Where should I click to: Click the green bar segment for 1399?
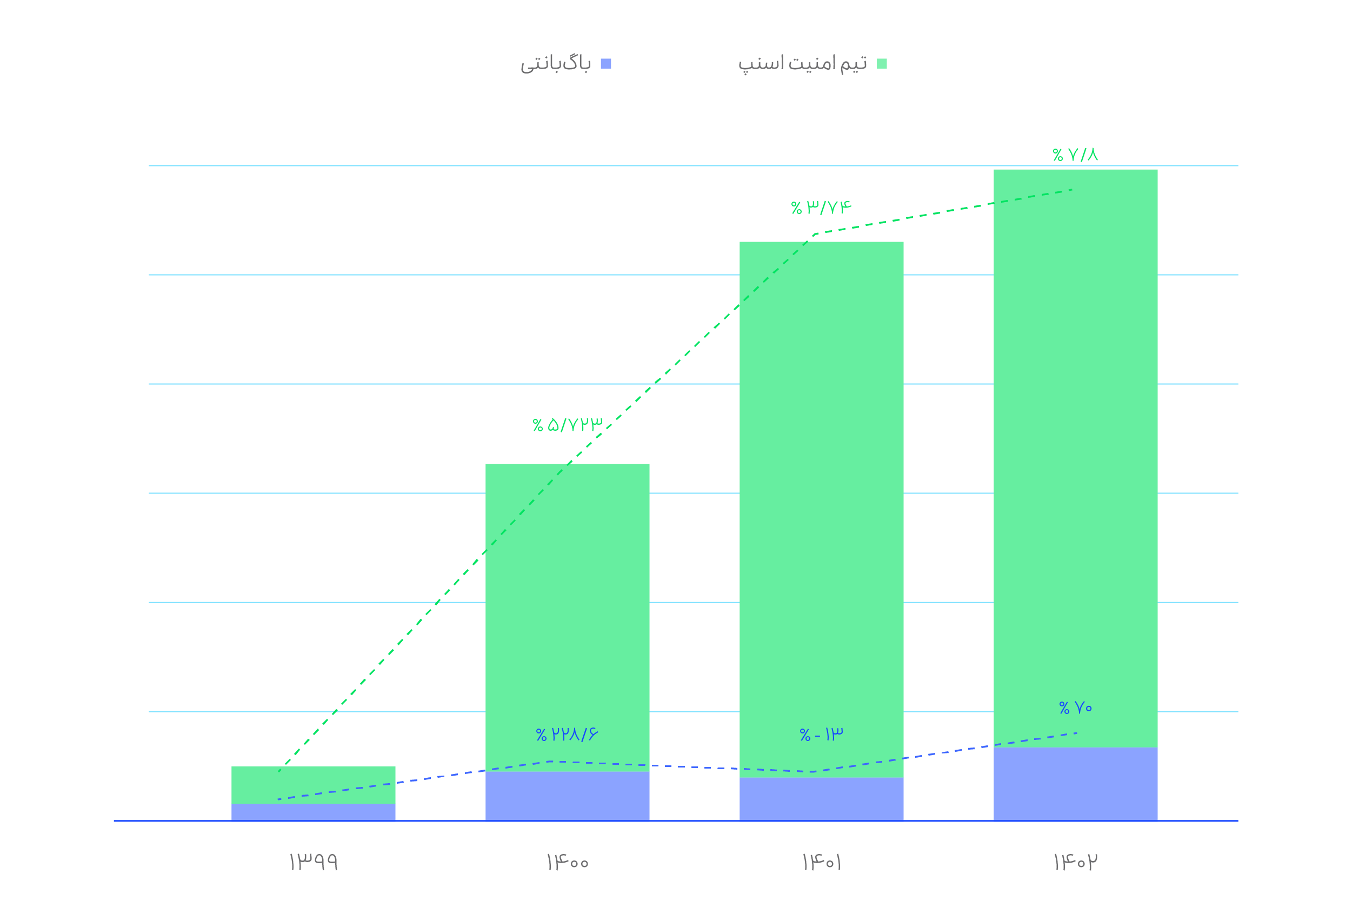[313, 785]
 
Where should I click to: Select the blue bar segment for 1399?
[313, 812]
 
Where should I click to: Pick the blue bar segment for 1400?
[567, 796]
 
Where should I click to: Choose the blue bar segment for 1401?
[821, 799]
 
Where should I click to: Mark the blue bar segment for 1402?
[1075, 784]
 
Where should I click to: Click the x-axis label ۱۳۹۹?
[313, 862]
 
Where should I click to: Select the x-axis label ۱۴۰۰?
[567, 862]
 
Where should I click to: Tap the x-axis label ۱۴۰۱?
[821, 862]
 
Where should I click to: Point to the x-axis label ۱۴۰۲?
[1075, 862]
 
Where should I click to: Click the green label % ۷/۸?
[1075, 155]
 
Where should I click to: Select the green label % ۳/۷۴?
[821, 207]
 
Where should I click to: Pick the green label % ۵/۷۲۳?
[567, 425]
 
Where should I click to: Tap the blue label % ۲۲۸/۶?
[567, 735]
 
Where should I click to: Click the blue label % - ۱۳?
[821, 735]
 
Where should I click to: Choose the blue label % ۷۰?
[1075, 708]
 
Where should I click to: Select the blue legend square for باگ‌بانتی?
[605, 64]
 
